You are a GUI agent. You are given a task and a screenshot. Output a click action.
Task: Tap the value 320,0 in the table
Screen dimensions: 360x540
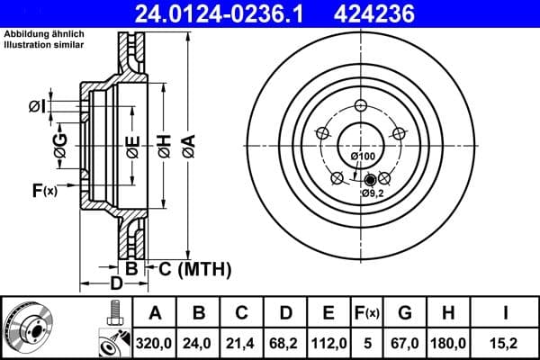point(155,343)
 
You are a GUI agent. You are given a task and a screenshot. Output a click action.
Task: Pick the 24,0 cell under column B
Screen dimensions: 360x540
point(199,343)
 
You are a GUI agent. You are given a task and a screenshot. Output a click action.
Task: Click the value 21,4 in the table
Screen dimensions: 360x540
point(242,343)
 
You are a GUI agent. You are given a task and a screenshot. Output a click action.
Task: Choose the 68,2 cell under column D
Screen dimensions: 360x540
point(285,343)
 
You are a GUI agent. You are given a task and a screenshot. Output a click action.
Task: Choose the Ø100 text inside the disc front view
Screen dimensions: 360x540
point(363,157)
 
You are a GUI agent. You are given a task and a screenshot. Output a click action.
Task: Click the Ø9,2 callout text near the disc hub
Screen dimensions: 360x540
point(373,193)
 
